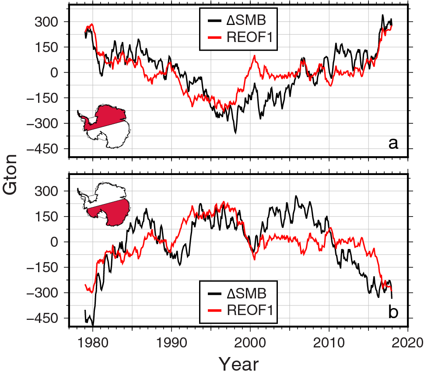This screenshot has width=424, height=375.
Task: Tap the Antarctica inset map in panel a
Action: pos(104,126)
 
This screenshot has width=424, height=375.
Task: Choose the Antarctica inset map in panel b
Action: pos(104,205)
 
